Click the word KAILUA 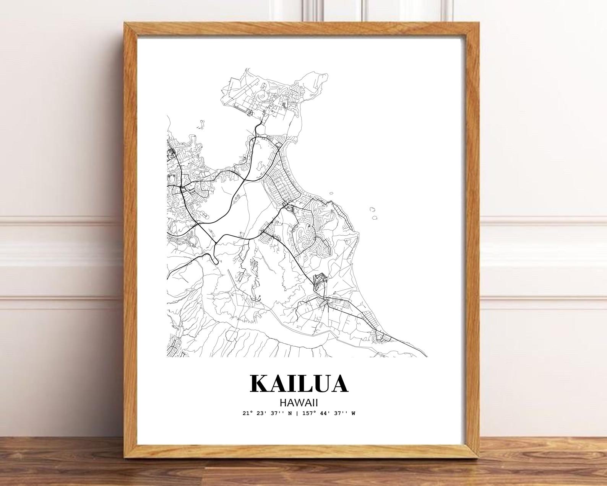coord(299,383)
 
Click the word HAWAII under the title coord(299,403)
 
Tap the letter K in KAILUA coord(260,383)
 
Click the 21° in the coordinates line coord(247,413)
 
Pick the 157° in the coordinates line coord(309,413)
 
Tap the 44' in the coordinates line coord(324,413)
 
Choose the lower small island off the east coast coord(375,218)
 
